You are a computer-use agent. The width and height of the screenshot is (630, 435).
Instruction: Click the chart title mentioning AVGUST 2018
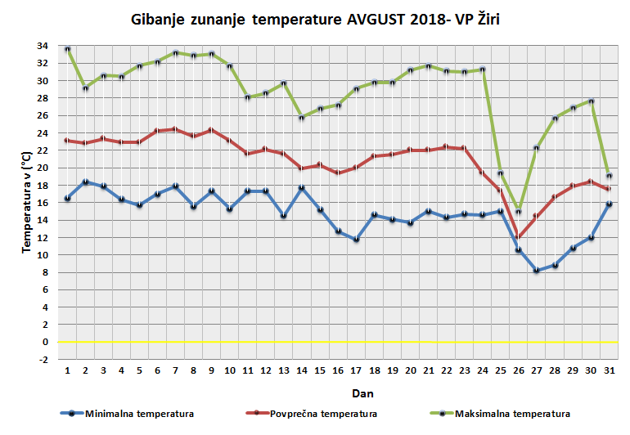315,20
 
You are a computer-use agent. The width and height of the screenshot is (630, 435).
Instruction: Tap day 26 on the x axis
518,370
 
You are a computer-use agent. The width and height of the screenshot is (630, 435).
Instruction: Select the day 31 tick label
608,370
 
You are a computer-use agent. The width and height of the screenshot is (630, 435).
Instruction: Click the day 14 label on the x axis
302,370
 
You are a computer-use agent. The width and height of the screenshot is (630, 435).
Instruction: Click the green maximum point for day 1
68,49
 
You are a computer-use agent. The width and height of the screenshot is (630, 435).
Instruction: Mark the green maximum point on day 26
518,212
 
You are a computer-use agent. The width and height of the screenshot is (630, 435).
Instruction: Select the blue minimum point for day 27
536,270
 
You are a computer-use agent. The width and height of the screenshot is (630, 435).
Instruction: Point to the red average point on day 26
518,237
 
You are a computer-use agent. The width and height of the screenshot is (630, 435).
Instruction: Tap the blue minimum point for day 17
356,239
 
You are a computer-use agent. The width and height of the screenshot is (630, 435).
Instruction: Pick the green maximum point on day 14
302,118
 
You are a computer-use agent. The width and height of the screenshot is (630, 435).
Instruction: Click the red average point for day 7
176,129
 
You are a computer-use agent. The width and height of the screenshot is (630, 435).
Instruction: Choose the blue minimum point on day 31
608,204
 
